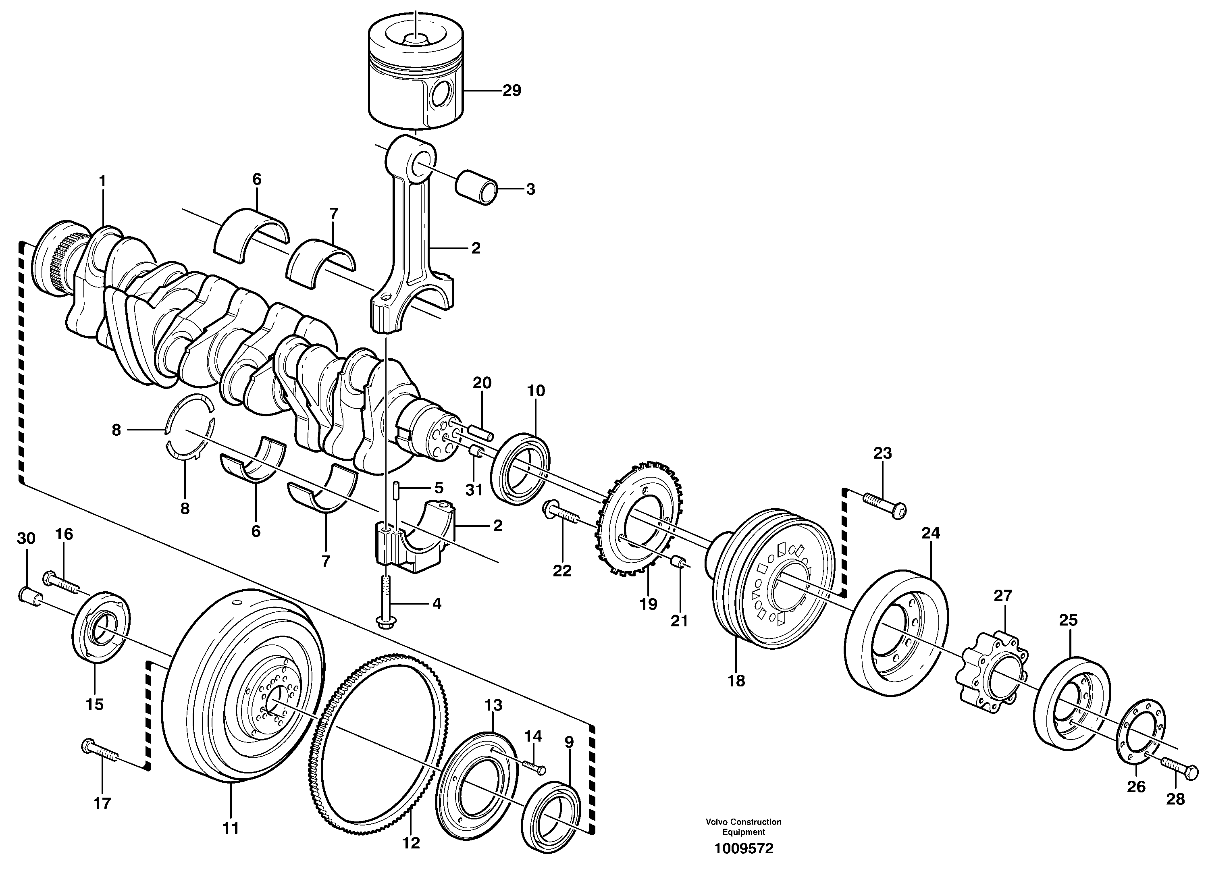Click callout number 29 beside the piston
512,91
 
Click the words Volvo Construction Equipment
743,827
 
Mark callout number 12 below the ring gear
411,843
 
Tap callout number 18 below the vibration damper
736,681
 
